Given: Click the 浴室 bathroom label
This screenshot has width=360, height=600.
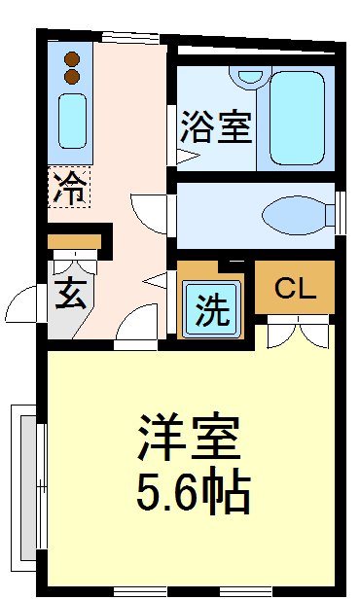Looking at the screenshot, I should (x=216, y=128).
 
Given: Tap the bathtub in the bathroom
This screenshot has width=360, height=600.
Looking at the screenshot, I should (x=295, y=116).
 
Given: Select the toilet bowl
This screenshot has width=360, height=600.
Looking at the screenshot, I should (x=297, y=212).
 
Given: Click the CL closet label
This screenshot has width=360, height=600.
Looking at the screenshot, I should (x=295, y=288).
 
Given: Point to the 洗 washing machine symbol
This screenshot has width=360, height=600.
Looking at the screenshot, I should (x=213, y=310).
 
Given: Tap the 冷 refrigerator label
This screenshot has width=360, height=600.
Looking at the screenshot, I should (x=69, y=185).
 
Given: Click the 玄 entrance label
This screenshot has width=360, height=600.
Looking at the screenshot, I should (x=69, y=292).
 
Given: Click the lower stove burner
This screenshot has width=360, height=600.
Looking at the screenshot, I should (x=71, y=75).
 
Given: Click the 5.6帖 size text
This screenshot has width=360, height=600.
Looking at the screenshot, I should (x=193, y=493).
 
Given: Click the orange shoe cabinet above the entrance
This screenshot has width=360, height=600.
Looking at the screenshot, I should (x=75, y=241).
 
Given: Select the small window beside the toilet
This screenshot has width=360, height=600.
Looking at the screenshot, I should (x=341, y=212).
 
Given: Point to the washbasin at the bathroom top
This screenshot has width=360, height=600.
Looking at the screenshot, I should (x=251, y=74).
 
